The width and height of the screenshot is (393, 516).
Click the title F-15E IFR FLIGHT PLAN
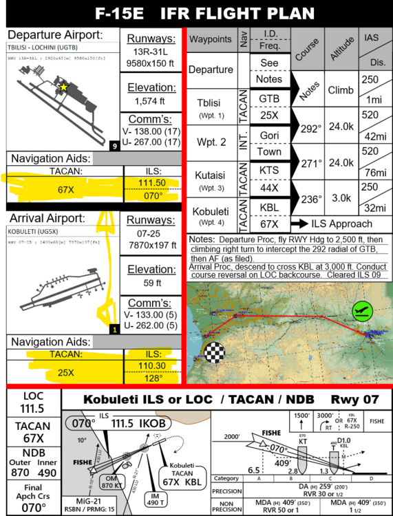(x=196, y=13)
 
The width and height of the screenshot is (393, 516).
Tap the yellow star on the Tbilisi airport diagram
(x=63, y=87)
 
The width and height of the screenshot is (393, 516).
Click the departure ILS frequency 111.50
(x=152, y=183)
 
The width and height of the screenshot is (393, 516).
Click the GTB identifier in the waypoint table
(x=269, y=98)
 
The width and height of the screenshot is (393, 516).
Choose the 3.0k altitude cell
(x=341, y=198)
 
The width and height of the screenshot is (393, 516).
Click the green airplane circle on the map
(x=359, y=312)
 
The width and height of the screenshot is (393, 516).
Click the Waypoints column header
(x=210, y=39)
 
